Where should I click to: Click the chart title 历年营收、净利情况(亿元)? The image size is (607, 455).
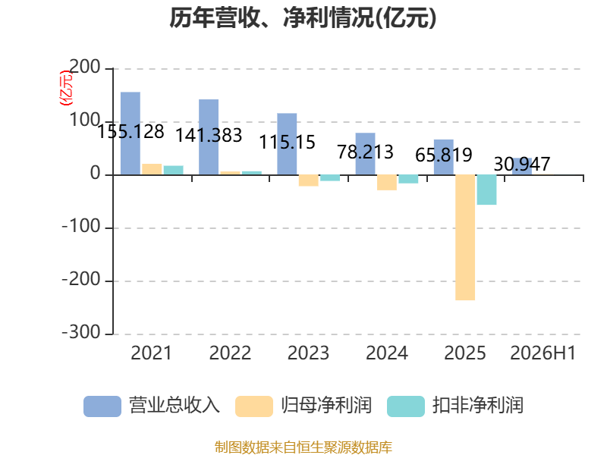coord(303,18)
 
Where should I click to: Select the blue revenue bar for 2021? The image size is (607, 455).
coord(131,133)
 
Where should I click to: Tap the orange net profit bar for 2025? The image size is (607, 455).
coord(465,237)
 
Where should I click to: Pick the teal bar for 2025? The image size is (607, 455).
coord(486,190)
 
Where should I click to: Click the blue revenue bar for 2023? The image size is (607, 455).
coord(287,144)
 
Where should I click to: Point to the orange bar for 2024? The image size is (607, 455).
coord(387,182)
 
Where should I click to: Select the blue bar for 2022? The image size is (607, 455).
coord(209,137)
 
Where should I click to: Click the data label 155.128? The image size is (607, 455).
coord(131,131)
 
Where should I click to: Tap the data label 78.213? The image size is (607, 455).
coord(365,152)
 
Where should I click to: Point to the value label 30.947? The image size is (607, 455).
coord(522,164)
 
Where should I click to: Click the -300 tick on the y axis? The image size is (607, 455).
coord(82,332)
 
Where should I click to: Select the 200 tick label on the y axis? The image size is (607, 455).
coord(85,67)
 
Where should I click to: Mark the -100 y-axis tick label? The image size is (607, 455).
coord(82,226)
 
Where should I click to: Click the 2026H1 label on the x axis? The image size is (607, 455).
coord(543,353)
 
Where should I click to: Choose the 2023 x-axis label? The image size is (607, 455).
coord(308,353)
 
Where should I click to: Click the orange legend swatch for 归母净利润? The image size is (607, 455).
coord(254,406)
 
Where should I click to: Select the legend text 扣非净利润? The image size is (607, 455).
coord(478,406)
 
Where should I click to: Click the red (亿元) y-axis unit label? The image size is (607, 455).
coord(66,88)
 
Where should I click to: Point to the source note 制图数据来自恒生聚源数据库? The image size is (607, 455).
coord(303,447)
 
